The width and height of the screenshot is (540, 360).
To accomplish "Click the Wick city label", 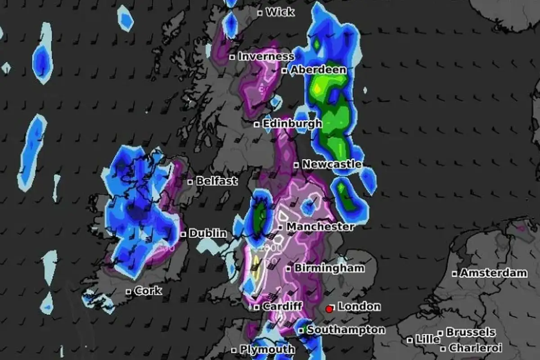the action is click(280, 12).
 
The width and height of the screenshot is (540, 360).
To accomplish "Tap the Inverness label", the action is click(265, 57).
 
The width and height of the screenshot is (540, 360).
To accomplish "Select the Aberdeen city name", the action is click(318, 70).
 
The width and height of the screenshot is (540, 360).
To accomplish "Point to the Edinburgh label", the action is click(292, 123).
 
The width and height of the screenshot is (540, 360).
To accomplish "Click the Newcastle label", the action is click(332, 164).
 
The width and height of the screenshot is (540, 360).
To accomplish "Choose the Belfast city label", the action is click(217, 181).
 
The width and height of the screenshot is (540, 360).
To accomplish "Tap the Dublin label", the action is click(207, 234).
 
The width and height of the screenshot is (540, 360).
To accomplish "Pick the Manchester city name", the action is click(320, 226).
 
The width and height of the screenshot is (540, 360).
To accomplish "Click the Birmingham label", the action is click(329, 268).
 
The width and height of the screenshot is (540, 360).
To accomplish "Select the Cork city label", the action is click(148, 291).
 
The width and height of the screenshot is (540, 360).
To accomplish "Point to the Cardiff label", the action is click(282, 307).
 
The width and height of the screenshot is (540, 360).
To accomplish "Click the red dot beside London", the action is click(329, 309).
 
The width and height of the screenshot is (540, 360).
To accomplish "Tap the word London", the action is click(359, 307).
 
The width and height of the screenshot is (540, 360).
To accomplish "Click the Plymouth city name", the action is click(267, 349).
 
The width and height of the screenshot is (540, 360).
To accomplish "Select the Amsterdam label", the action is click(493, 273).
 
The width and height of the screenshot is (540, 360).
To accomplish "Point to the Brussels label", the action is click(470, 333).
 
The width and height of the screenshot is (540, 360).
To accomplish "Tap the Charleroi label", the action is click(475, 348).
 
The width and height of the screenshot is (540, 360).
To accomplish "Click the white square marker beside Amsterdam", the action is click(455, 273).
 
